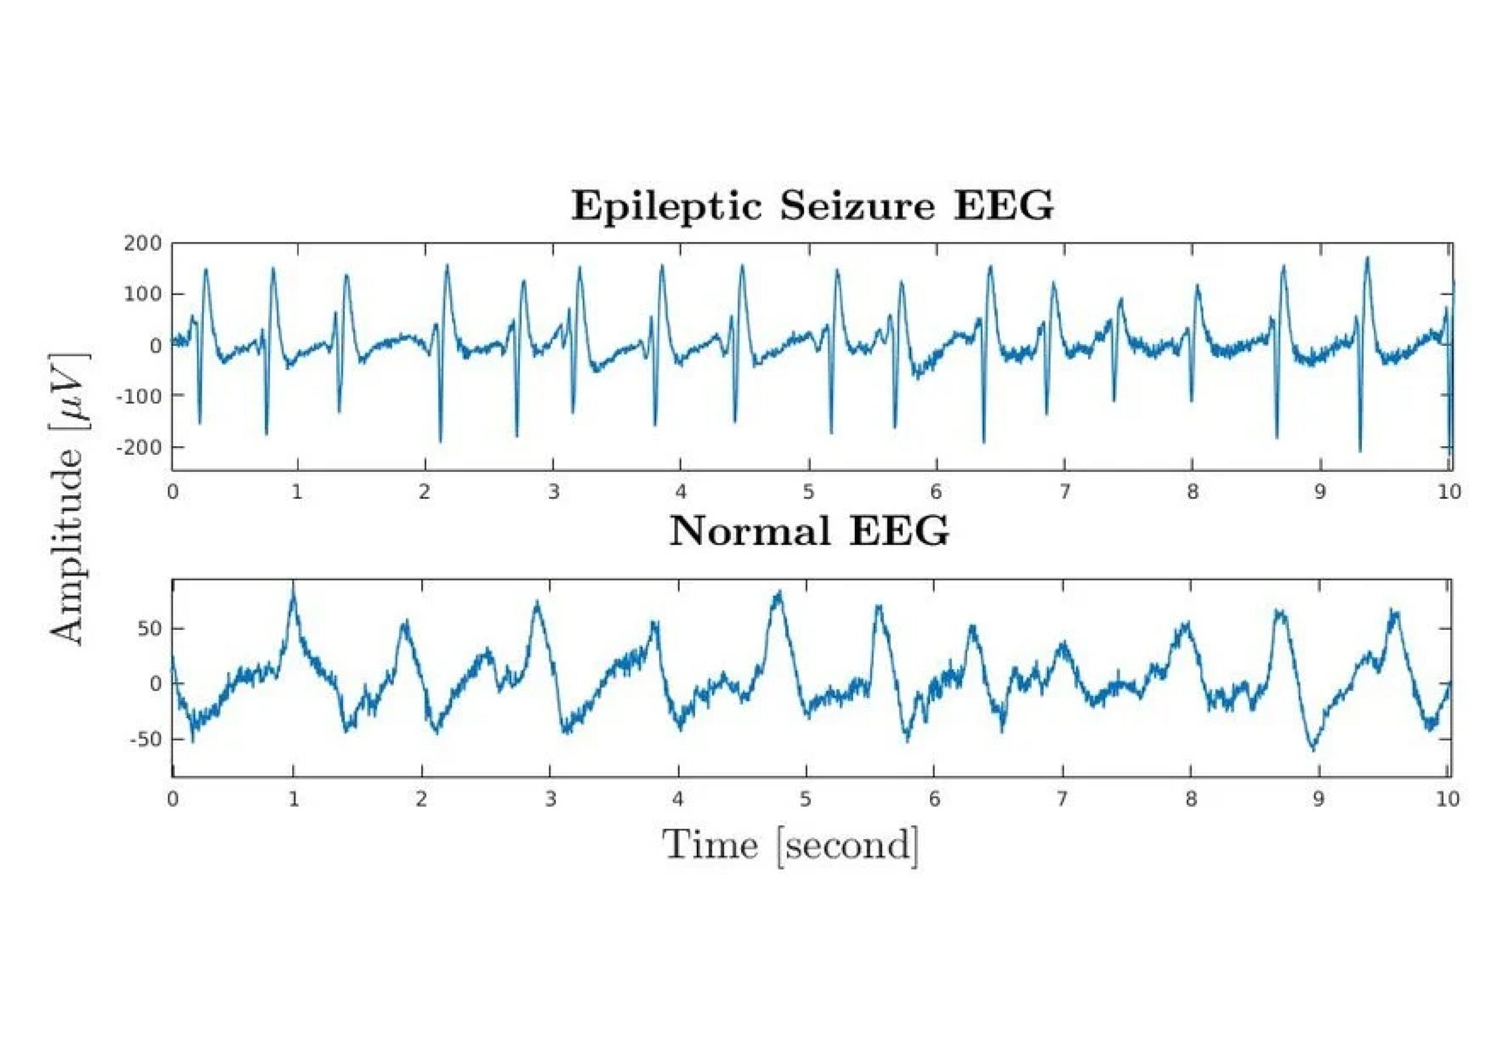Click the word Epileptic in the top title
666,207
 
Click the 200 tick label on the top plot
143,244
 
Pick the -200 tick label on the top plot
138,447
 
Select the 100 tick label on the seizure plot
143,294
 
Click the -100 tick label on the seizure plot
138,396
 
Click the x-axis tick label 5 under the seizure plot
808,492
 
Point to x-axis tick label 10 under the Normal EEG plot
1448,798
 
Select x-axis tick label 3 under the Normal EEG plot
551,798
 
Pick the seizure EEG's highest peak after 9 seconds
1367,258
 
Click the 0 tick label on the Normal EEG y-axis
155,684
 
